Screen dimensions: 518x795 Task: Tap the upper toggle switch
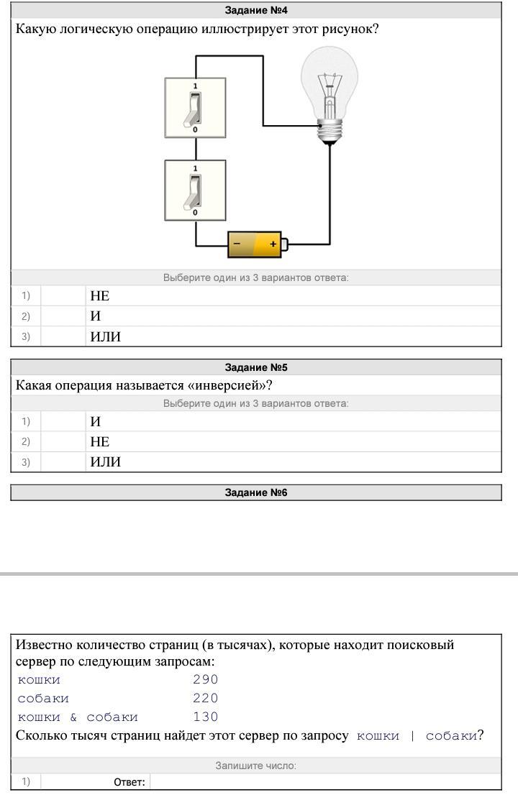195,108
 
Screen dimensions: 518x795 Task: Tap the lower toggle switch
195,190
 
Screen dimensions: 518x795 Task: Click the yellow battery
258,244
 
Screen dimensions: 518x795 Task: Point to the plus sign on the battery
273,244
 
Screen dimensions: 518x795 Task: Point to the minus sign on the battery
237,244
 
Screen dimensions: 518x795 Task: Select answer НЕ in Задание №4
100,296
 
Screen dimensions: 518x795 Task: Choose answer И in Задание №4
96,316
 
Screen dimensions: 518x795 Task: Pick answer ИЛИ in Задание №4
106,336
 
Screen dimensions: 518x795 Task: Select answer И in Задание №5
96,422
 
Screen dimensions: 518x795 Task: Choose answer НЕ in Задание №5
100,442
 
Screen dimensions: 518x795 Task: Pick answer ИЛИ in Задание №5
106,462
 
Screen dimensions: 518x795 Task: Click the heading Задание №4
256,10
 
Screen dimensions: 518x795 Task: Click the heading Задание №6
256,492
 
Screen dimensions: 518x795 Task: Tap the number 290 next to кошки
206,679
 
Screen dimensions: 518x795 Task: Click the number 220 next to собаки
206,698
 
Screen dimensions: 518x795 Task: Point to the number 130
206,717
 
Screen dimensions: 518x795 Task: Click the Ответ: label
129,782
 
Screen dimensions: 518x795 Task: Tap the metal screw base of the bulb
330,132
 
